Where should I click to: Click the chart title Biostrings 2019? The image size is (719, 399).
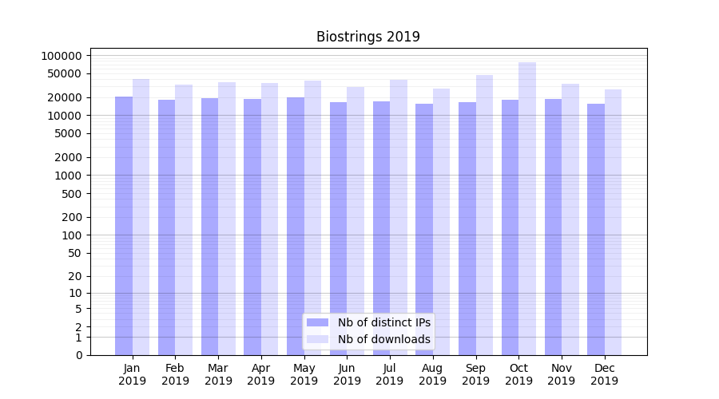click(367, 37)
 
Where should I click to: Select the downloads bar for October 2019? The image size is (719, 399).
click(527, 208)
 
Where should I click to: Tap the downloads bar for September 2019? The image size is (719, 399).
click(484, 215)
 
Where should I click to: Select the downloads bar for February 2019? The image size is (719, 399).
click(184, 219)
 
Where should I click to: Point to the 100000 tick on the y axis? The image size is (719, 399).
click(62, 56)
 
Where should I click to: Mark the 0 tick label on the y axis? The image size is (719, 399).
click(79, 355)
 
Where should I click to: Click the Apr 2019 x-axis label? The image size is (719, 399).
click(261, 374)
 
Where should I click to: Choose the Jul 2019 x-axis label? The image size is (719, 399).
click(390, 374)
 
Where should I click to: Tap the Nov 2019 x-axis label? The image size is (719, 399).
click(562, 374)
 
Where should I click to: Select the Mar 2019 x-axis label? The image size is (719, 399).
click(218, 374)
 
